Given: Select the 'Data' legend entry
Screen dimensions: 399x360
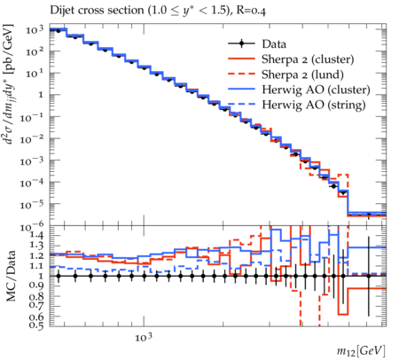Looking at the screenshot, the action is pyautogui.click(x=274, y=44).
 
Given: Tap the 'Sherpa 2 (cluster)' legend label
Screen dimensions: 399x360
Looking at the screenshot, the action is pyautogui.click(x=308, y=59).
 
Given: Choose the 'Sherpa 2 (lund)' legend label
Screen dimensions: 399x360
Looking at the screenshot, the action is pyautogui.click(x=302, y=74).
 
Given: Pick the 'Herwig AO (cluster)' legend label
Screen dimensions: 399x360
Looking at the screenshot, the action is pyautogui.click(x=316, y=90).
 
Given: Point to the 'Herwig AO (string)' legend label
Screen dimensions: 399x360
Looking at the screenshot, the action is pyautogui.click(x=314, y=105).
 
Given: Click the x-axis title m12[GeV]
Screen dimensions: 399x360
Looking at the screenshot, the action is pyautogui.click(x=361, y=351).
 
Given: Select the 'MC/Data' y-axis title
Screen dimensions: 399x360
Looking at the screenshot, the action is pyautogui.click(x=12, y=276).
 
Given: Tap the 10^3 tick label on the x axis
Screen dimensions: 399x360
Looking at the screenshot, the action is pyautogui.click(x=144, y=337).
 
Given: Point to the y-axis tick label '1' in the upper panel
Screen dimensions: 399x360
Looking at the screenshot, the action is pyautogui.click(x=40, y=95).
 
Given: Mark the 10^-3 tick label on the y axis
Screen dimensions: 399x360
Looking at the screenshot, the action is pyautogui.click(x=32, y=161).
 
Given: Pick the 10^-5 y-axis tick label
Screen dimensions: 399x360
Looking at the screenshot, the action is pyautogui.click(x=32, y=205).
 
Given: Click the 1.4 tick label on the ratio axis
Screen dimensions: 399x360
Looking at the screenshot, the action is pyautogui.click(x=36, y=236).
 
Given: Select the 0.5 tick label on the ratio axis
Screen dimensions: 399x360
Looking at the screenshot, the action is pyautogui.click(x=36, y=325).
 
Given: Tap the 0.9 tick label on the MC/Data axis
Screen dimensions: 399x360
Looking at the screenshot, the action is pyautogui.click(x=36, y=286).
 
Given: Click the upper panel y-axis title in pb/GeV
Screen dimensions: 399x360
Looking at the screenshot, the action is pyautogui.click(x=10, y=84).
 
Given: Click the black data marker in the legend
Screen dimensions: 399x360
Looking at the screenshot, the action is pyautogui.click(x=241, y=43).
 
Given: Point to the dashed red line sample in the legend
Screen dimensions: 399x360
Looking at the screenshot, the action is pyautogui.click(x=241, y=74).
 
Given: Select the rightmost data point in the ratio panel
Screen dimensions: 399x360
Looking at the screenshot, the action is pyautogui.click(x=369, y=276).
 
